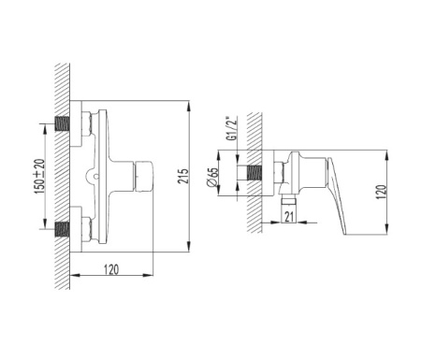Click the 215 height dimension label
[x=184, y=176]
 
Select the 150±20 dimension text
[x=40, y=177]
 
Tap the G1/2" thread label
[x=232, y=129]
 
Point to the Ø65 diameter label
[x=212, y=178]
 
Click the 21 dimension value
[x=289, y=216]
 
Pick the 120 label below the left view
[x=111, y=269]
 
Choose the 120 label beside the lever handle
[x=381, y=193]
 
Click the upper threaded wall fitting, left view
[x=63, y=123]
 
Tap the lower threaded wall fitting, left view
[x=63, y=229]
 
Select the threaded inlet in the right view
[x=254, y=173]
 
